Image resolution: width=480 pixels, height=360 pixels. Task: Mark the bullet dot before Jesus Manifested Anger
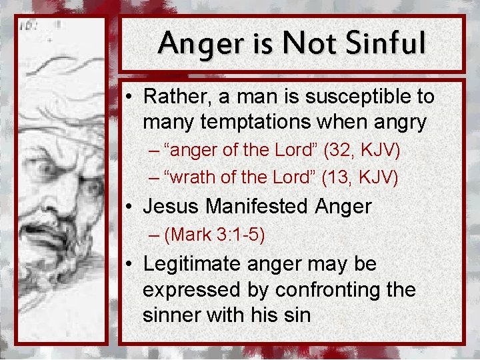pos(132,207)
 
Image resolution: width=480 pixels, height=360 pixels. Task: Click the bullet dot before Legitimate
pos(132,264)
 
